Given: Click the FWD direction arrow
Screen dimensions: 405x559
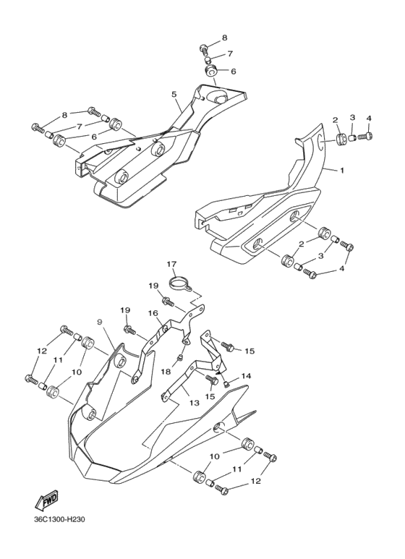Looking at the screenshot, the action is point(46,500).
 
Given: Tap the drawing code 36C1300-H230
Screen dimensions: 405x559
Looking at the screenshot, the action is point(59,519).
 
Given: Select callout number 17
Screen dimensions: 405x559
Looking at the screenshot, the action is point(171,264).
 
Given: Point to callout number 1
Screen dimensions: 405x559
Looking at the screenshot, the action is point(342,171).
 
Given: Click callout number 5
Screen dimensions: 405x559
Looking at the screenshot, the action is point(174,94).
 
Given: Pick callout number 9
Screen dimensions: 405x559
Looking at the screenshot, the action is point(100,322).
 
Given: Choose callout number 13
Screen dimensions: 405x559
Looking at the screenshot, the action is point(195,403).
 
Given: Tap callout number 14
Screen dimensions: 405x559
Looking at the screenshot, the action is point(247,376).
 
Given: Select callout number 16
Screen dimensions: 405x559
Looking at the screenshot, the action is point(153,313).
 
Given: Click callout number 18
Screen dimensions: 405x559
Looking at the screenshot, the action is point(166,372).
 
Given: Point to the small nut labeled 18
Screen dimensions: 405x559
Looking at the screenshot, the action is point(180,357).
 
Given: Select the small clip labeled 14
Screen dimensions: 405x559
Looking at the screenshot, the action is point(226,384).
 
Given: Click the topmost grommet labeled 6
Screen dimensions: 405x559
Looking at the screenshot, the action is point(210,70).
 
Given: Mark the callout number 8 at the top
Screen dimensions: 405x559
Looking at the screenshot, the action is point(224,37).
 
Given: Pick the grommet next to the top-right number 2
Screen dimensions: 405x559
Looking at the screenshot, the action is point(342,139).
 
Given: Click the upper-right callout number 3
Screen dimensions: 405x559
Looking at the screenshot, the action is point(352,117).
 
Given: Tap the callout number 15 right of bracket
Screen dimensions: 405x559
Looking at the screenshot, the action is point(250,351).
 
